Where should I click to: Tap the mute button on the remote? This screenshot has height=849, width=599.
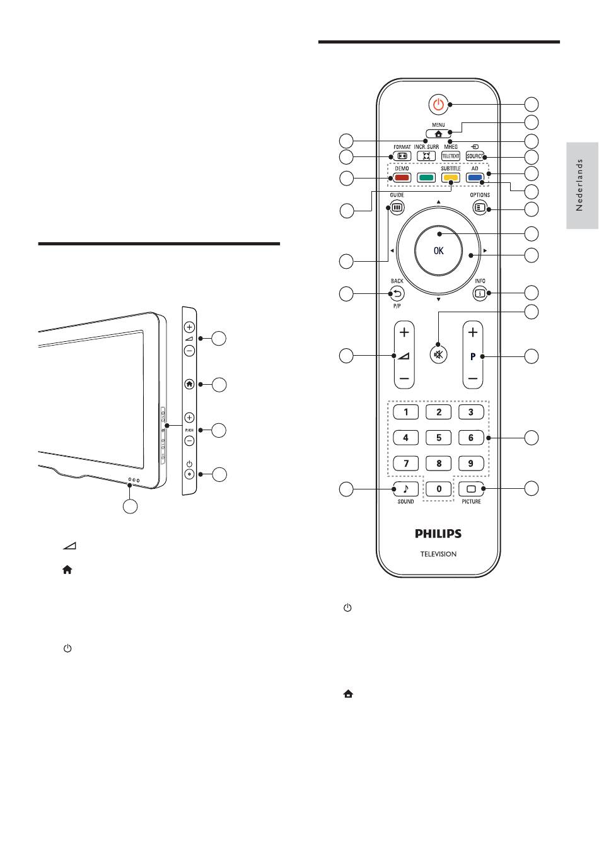[x=438, y=354]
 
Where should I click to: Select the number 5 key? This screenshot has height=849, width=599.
[x=439, y=437]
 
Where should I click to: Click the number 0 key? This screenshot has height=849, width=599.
[x=439, y=488]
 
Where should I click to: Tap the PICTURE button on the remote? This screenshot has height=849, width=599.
[x=471, y=488]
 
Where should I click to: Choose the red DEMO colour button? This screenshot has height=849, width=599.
[x=402, y=178]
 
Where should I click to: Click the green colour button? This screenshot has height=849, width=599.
[x=426, y=178]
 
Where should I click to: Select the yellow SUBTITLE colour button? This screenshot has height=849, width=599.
[x=450, y=178]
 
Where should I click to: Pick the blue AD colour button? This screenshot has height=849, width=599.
[x=475, y=178]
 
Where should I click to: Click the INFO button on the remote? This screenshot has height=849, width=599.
[x=480, y=293]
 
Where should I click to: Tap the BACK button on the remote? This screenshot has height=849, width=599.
[x=397, y=293]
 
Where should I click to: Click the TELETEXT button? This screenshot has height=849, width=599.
[x=451, y=156]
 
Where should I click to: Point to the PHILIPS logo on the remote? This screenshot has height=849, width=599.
[x=438, y=534]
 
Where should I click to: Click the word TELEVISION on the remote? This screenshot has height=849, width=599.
[x=438, y=554]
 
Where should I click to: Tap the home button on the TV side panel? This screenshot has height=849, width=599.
[x=189, y=384]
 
